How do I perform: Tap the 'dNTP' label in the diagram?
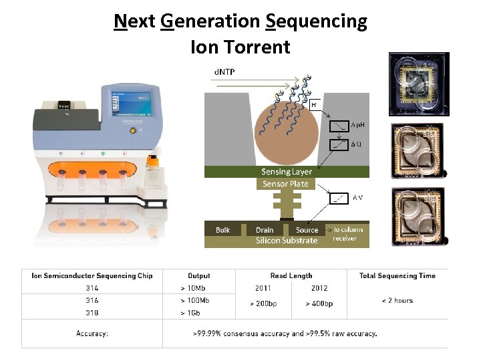pyautogui.click(x=224, y=70)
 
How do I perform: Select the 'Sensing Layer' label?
pyautogui.click(x=286, y=172)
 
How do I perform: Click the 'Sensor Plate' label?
pyautogui.click(x=285, y=183)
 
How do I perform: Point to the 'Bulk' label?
pyautogui.click(x=222, y=230)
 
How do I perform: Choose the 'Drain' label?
pyautogui.click(x=265, y=230)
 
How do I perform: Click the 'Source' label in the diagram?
pyautogui.click(x=307, y=230)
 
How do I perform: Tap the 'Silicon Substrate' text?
pyautogui.click(x=287, y=241)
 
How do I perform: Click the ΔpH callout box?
pyautogui.click(x=350, y=125)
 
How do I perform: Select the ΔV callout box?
pyautogui.click(x=350, y=197)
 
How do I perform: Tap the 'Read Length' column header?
pyautogui.click(x=291, y=275)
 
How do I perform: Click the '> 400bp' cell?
pyautogui.click(x=319, y=304)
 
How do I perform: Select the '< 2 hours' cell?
pyautogui.click(x=397, y=300)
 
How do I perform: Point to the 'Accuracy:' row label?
pyautogui.click(x=92, y=333)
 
